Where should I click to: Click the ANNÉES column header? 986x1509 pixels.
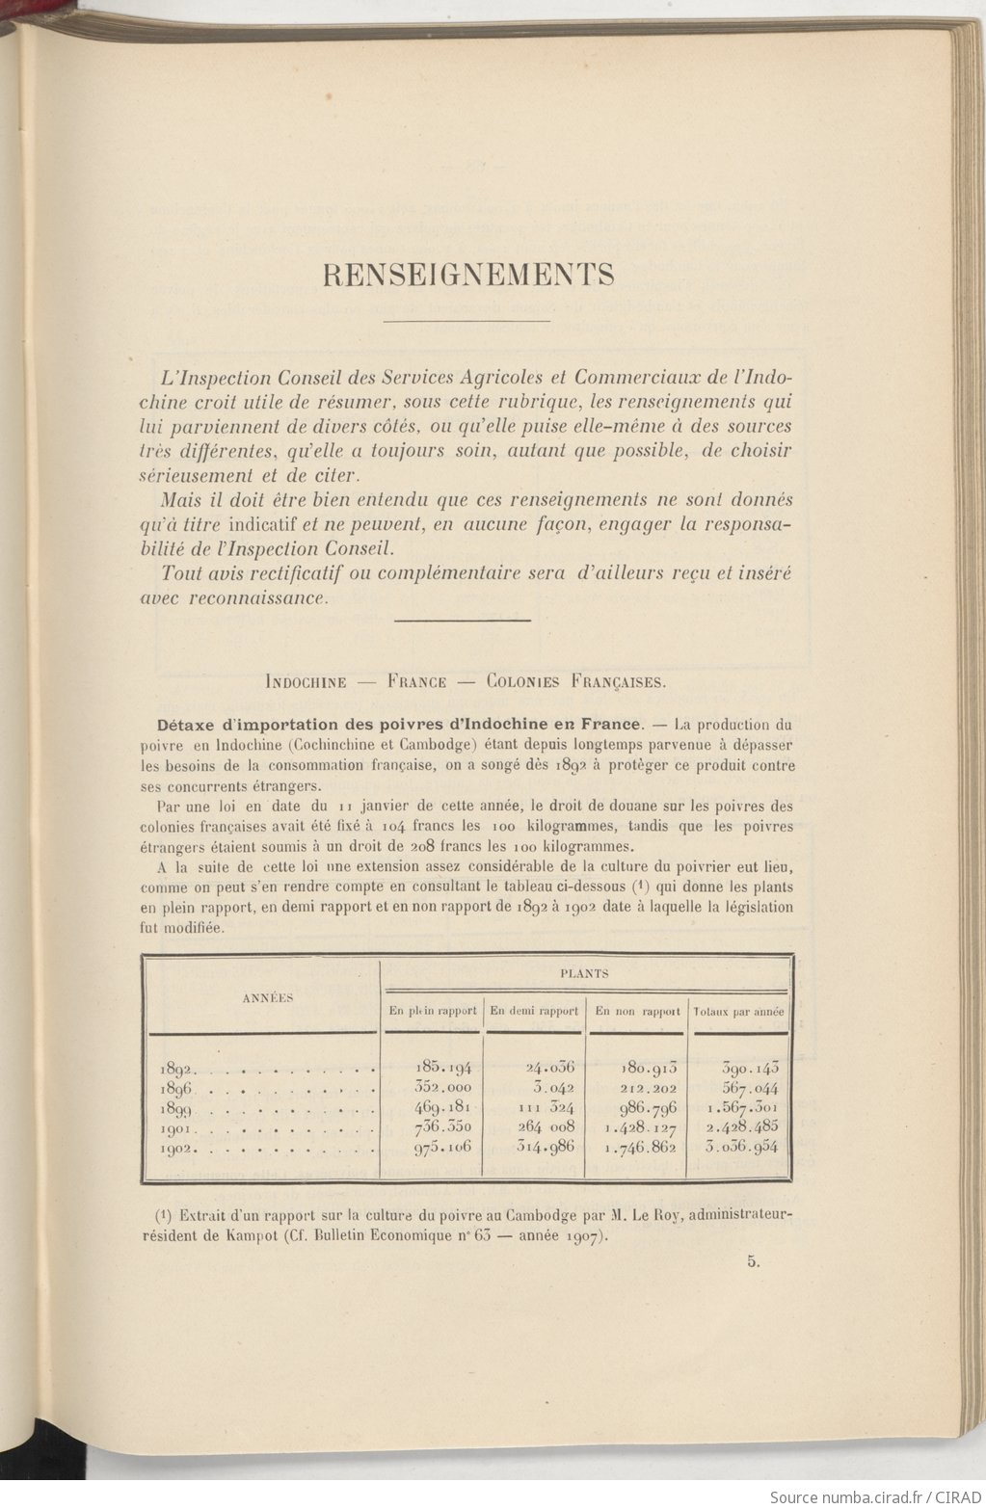pyautogui.click(x=267, y=997)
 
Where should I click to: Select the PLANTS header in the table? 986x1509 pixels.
pyautogui.click(x=584, y=973)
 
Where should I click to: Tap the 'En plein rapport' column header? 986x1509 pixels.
pyautogui.click(x=433, y=1011)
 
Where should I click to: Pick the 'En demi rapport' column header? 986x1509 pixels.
pyautogui.click(x=534, y=1011)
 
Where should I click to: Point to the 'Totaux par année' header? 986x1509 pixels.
pyautogui.click(x=739, y=1012)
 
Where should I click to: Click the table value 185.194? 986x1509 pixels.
pyautogui.click(x=443, y=1067)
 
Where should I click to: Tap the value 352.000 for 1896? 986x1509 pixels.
pyautogui.click(x=443, y=1087)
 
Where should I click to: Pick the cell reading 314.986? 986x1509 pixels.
pyautogui.click(x=537, y=1147)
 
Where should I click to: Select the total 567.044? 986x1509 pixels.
pyautogui.click(x=749, y=1087)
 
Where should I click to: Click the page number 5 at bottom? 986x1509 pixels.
pyautogui.click(x=752, y=1264)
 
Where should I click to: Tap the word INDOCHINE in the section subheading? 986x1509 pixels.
pyautogui.click(x=306, y=681)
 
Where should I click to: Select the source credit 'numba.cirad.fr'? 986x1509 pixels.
pyautogui.click(x=859, y=1496)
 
